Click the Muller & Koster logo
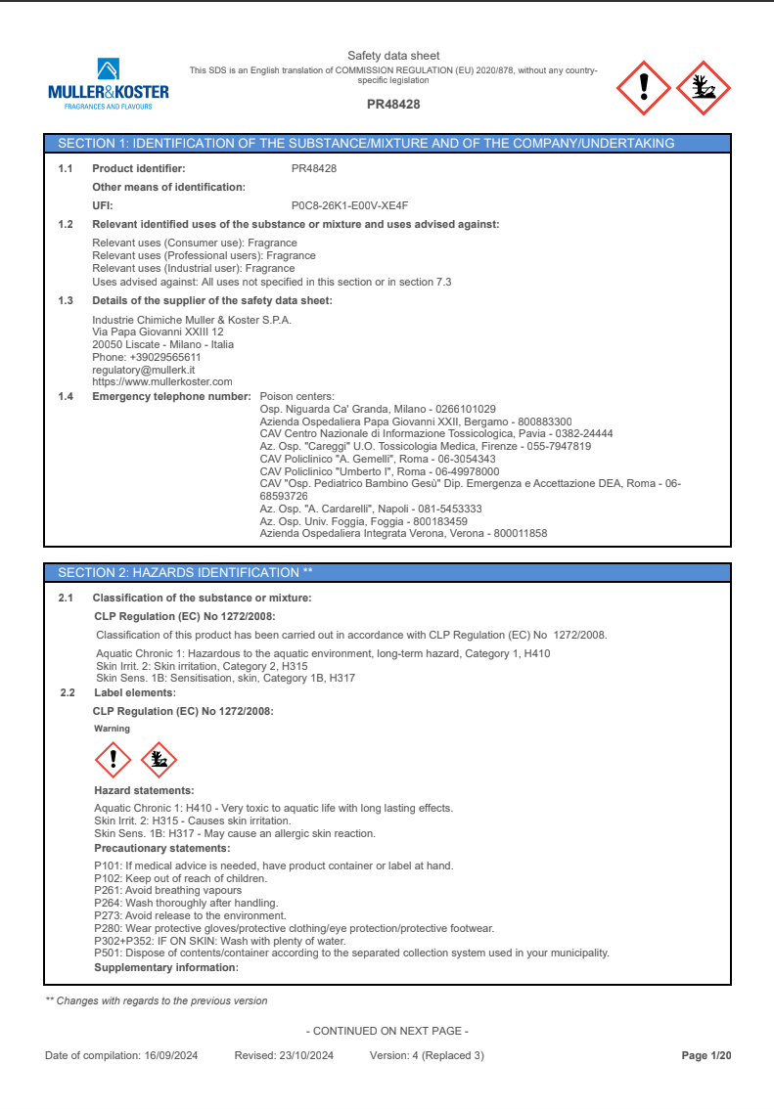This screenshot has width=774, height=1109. click(108, 84)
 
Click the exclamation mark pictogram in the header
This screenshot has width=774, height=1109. click(643, 87)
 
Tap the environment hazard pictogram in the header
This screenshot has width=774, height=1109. click(704, 87)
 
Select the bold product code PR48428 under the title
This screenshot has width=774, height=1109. click(393, 104)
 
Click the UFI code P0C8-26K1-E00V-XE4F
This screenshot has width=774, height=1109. click(349, 205)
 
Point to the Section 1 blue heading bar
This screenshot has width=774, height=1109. click(387, 143)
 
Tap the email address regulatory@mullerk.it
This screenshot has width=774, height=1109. click(144, 371)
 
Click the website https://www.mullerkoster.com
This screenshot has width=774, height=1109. click(162, 381)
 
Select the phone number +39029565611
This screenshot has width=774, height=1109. click(165, 358)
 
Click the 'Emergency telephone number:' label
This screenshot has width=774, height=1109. click(171, 396)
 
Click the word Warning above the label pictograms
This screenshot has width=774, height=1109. click(112, 729)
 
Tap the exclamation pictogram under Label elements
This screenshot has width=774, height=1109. click(114, 758)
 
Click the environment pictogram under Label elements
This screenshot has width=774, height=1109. click(159, 758)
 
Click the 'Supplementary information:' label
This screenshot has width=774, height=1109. click(165, 967)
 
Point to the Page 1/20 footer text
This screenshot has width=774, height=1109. click(706, 1055)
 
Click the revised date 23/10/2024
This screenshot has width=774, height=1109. click(306, 1055)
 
